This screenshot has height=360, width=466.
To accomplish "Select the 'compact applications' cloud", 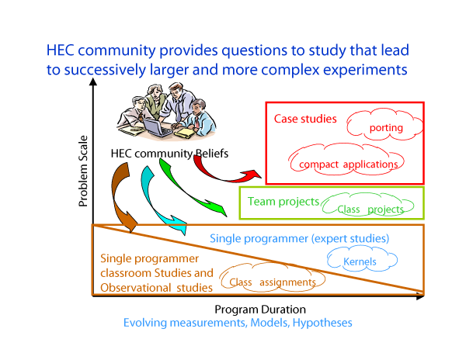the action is (347, 161).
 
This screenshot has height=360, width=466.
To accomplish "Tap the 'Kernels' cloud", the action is (362, 259).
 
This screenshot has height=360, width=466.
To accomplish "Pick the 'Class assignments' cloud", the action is (273, 278).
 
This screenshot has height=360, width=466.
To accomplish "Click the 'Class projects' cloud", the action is (367, 205).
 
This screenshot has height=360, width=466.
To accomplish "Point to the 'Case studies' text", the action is (305, 119).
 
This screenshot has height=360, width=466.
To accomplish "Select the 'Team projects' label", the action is (283, 202).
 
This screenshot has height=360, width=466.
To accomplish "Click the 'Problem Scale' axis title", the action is (83, 171).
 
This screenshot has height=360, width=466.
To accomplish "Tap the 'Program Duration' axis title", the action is (260, 310).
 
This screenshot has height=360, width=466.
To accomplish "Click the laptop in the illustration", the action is (157, 127).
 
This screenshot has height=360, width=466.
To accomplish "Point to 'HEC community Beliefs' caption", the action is (169, 154).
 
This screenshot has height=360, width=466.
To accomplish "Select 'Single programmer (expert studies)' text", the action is (299, 239).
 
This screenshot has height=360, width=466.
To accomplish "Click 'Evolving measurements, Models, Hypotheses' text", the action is (238, 323).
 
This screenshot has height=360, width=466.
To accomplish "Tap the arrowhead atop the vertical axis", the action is (93, 81).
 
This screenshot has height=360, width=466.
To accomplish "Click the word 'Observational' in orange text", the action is (135, 288).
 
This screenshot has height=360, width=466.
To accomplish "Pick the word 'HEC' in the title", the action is (60, 50).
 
